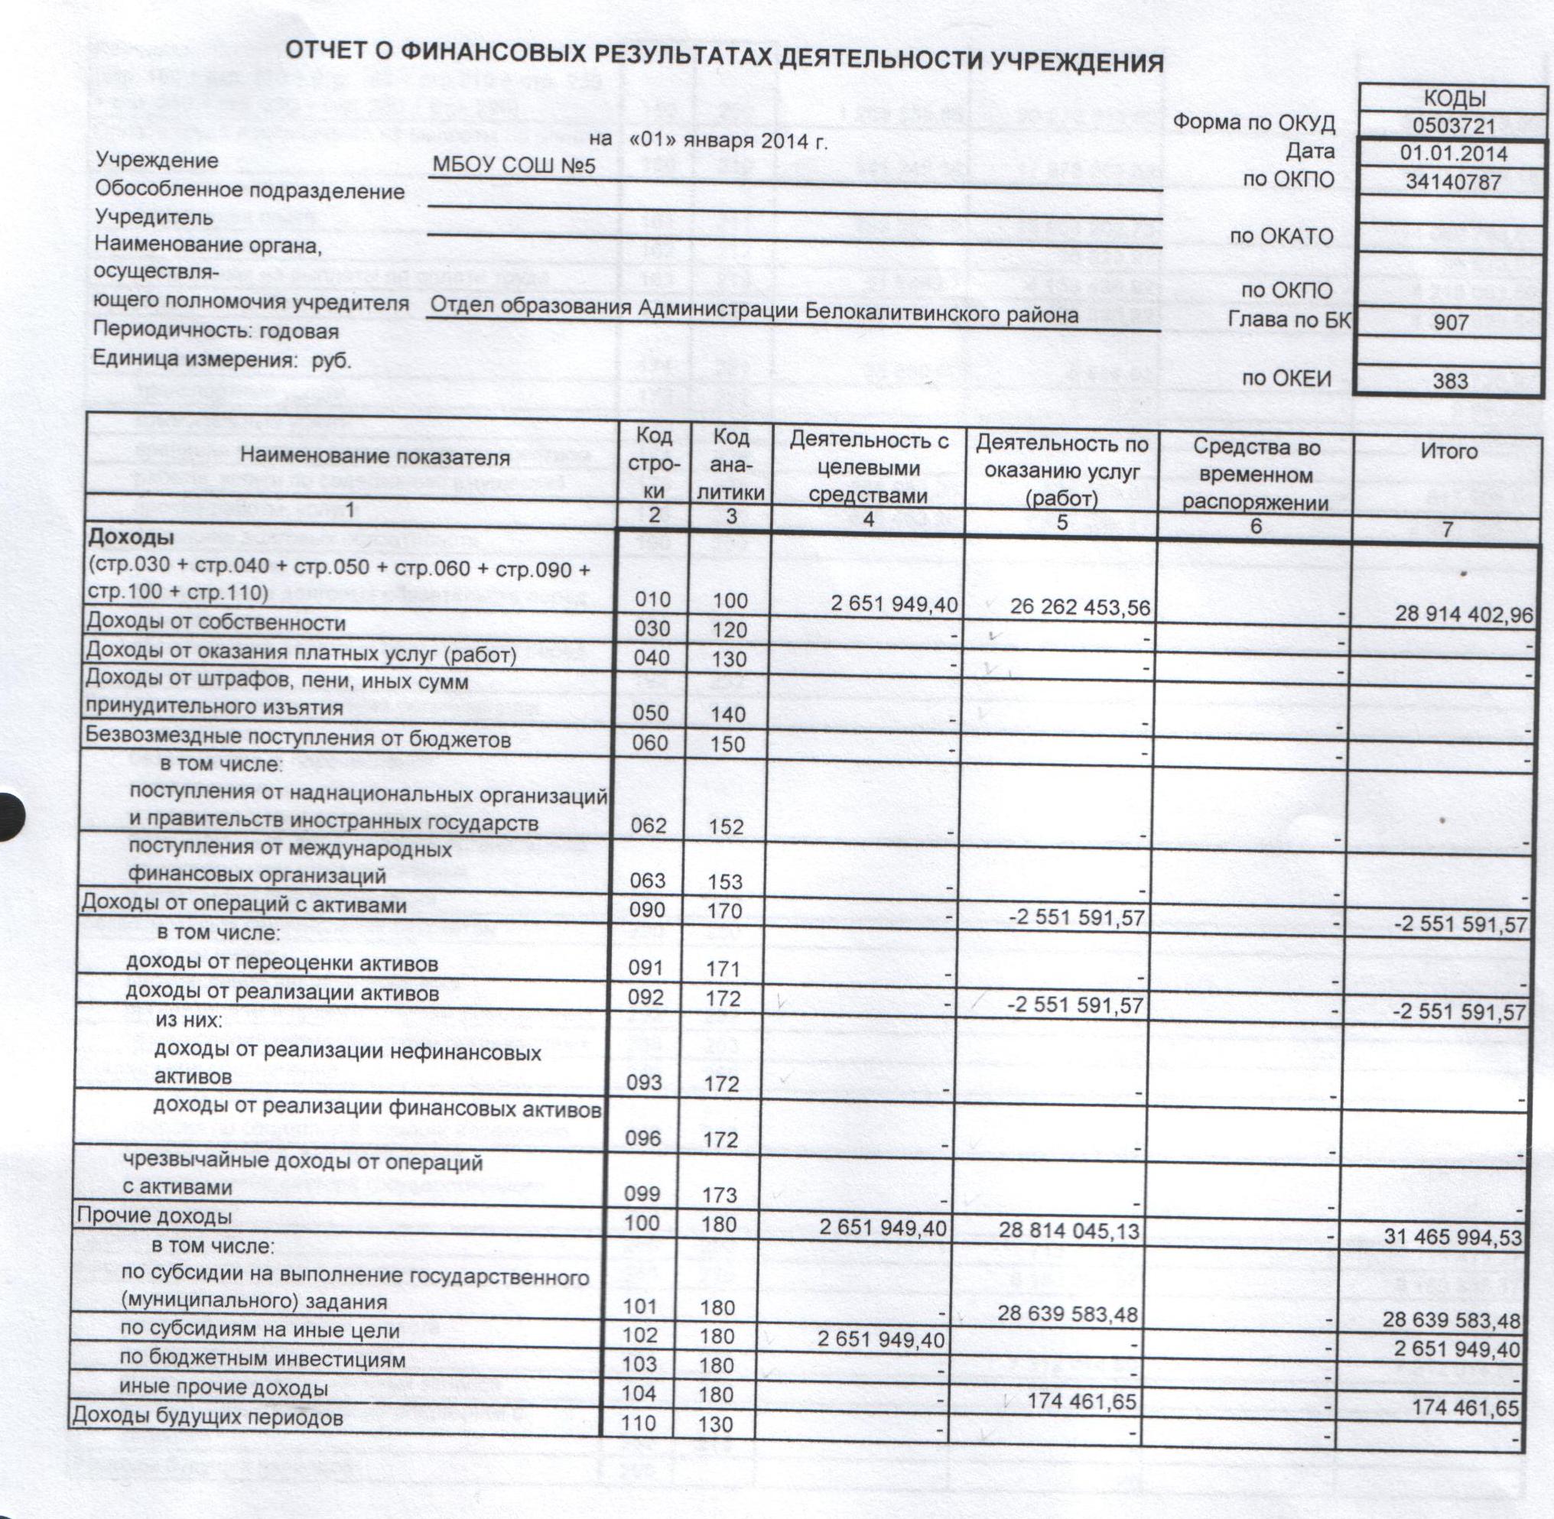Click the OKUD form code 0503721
pos(1452,126)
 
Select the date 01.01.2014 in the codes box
pos(1453,153)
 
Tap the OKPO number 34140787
pos(1453,183)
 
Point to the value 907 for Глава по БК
pos(1450,324)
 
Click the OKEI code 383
pos(1450,381)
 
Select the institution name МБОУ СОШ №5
pos(513,166)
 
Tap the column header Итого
pos(1449,452)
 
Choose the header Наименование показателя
pos(375,457)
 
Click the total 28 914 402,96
pos(1463,615)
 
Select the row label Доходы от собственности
pos(216,623)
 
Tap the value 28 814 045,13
pos(1071,1231)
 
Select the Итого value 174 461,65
pos(1465,1409)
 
